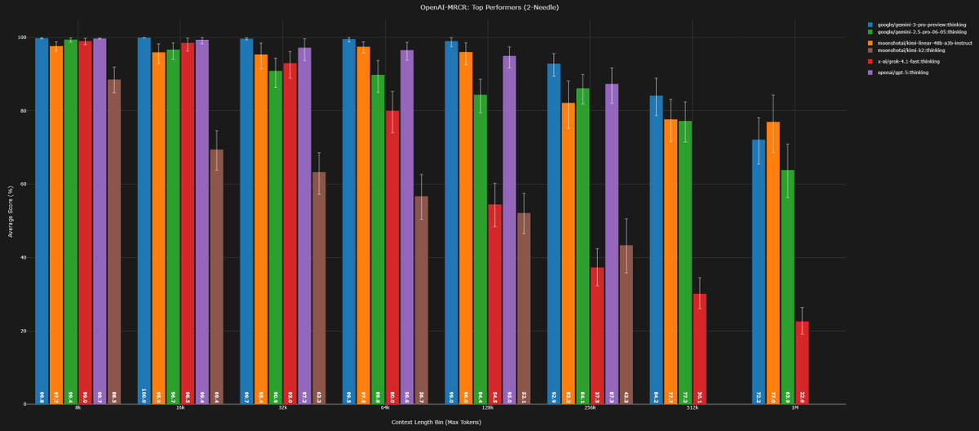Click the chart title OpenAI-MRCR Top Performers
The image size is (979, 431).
pos(489,7)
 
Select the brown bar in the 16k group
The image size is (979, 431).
pos(216,277)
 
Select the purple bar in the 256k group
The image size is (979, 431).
pos(612,244)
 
